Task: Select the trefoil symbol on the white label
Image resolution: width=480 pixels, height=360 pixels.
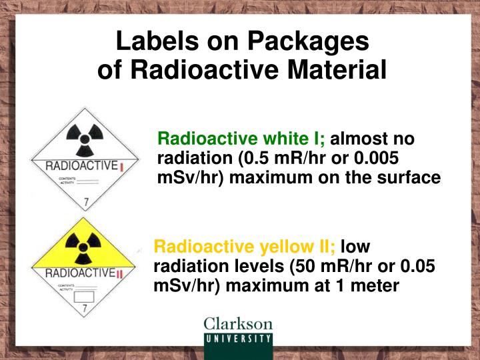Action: (x=85, y=137)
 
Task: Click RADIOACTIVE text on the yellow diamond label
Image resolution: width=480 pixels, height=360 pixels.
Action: (x=80, y=273)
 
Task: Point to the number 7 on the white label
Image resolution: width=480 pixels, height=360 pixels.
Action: (x=85, y=200)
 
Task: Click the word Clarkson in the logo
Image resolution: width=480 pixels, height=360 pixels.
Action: (x=238, y=325)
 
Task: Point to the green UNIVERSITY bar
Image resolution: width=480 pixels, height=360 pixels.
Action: (x=238, y=338)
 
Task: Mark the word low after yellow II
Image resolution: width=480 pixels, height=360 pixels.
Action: (x=355, y=247)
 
